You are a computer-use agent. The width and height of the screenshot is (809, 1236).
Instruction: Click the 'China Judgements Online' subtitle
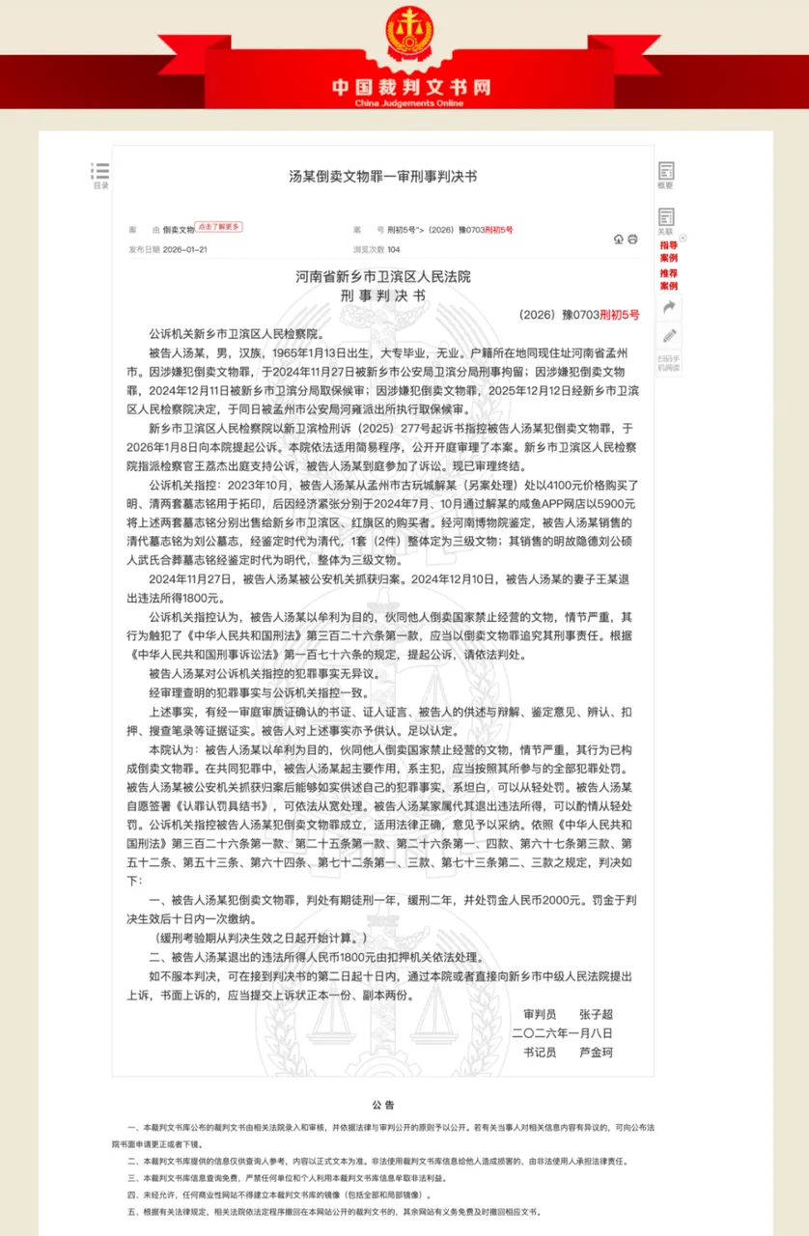click(x=410, y=102)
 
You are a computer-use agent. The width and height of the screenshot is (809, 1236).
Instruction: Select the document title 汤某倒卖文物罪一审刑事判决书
click(x=383, y=177)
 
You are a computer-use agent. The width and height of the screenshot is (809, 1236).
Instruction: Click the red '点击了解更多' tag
click(x=219, y=227)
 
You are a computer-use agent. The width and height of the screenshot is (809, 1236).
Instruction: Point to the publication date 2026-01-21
click(x=185, y=249)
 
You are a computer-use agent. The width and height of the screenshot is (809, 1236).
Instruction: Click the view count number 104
click(x=393, y=249)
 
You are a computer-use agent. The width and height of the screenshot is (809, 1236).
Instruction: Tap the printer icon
click(x=633, y=239)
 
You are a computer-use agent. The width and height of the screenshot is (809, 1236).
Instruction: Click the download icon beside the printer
click(x=619, y=239)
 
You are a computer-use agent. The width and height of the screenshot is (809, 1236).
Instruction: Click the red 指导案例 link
click(x=669, y=251)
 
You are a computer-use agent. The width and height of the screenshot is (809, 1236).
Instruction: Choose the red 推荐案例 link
click(x=669, y=280)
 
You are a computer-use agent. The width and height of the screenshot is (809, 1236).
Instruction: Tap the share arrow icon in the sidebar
click(x=668, y=307)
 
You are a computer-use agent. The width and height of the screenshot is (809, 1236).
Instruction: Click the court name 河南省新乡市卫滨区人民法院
click(x=383, y=277)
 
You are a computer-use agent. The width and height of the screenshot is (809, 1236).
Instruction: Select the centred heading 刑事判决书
click(x=383, y=296)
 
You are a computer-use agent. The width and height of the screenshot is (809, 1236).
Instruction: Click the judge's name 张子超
click(x=596, y=1015)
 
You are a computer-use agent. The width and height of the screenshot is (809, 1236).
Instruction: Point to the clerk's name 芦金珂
click(x=596, y=1052)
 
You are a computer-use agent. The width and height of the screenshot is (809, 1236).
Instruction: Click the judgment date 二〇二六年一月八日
click(x=562, y=1033)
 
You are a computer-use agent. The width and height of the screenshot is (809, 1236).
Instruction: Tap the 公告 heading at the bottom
click(x=383, y=1104)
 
